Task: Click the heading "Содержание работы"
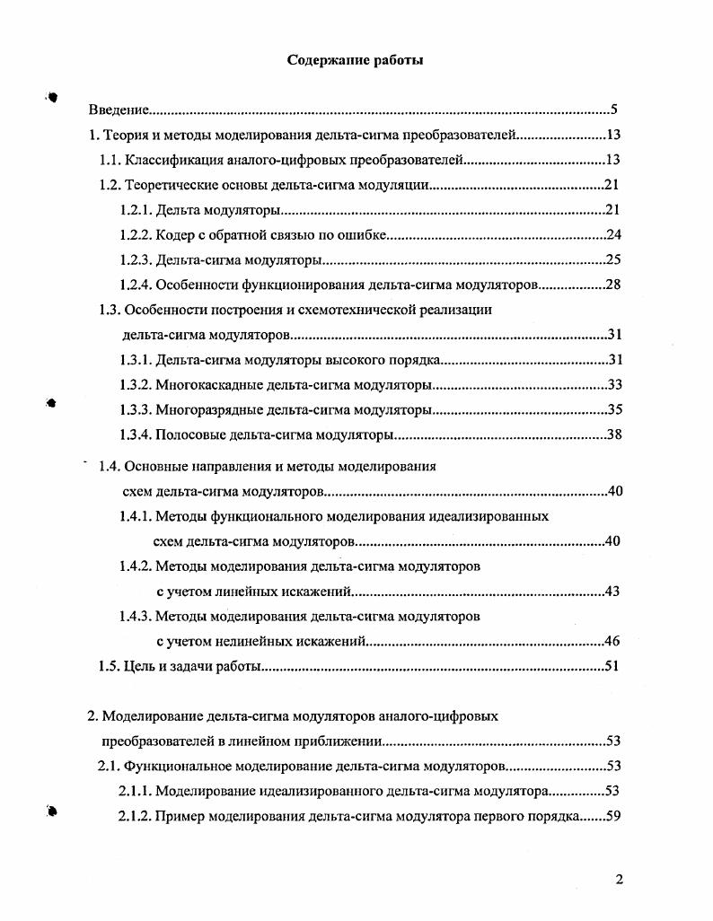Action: coord(355,60)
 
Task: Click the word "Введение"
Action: coord(119,110)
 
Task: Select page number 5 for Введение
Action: coord(614,110)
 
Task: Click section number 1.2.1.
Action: coord(136,211)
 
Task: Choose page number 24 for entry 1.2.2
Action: coord(614,235)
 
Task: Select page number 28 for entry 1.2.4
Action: coord(614,285)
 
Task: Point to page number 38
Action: coord(614,435)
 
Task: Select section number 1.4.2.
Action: coord(136,566)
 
